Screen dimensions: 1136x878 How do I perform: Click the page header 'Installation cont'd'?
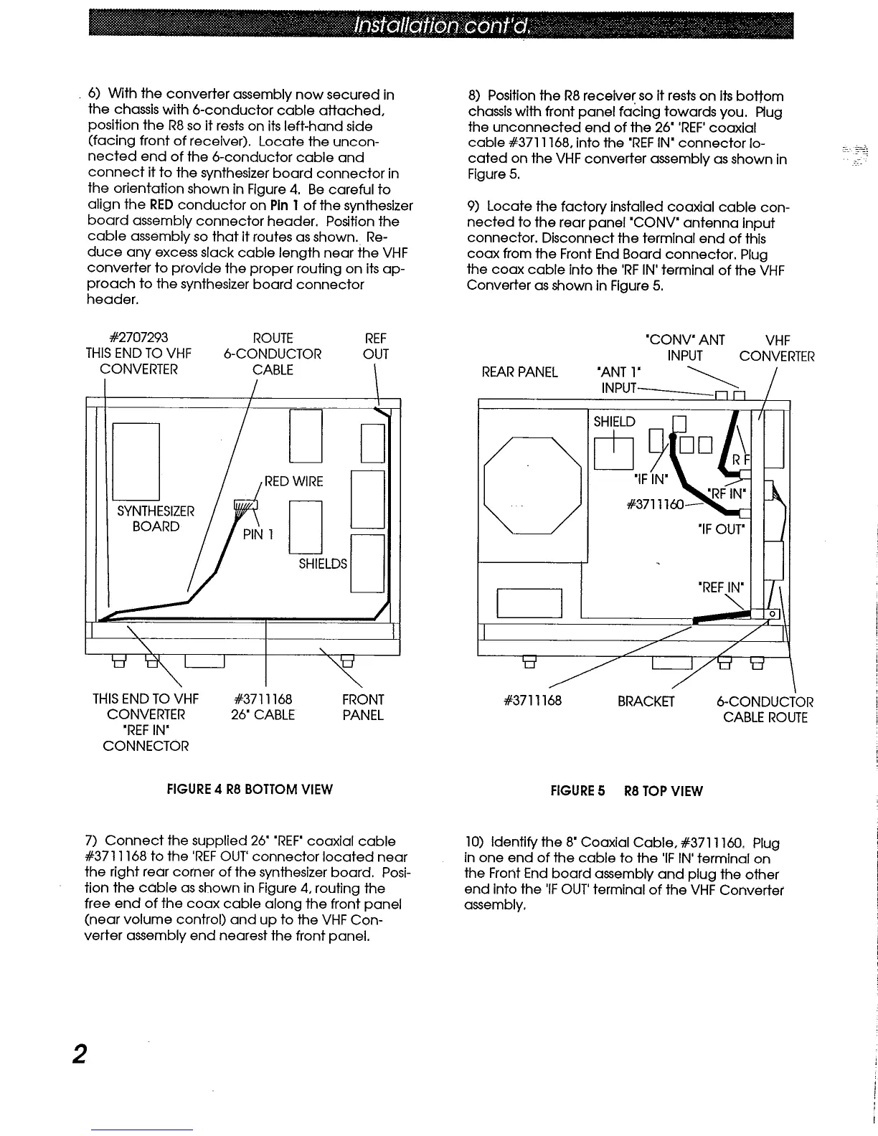click(x=441, y=27)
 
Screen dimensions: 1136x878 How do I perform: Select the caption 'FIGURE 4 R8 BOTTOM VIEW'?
click(x=250, y=790)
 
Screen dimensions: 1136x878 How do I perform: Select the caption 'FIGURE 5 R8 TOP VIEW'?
click(x=626, y=791)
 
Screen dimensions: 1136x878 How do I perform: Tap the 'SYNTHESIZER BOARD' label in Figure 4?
click(x=155, y=519)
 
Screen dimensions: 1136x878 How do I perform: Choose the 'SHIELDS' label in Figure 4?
click(x=323, y=564)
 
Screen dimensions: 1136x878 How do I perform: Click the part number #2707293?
click(x=138, y=338)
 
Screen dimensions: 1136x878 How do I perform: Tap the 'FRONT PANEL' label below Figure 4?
click(x=364, y=707)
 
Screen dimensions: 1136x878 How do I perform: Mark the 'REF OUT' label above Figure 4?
click(x=376, y=346)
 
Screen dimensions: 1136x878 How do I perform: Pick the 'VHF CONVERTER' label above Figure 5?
click(x=777, y=348)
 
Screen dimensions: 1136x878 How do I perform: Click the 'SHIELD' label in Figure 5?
click(x=614, y=422)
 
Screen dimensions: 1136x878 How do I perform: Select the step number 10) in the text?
click(x=477, y=843)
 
